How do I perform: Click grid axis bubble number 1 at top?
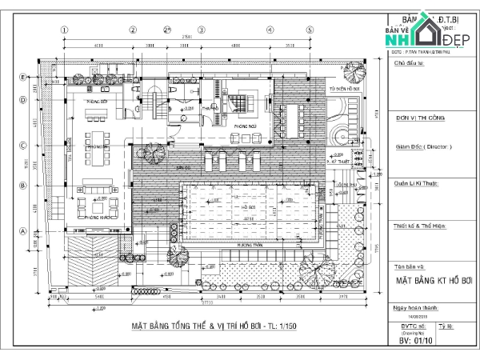point(62,30)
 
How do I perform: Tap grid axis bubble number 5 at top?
point(310,30)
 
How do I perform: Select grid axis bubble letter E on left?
point(25,77)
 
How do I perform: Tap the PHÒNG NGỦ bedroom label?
point(245,126)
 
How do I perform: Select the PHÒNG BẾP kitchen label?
point(98,102)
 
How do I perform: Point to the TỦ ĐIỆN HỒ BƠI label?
point(344,90)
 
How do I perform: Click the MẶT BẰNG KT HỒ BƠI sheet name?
point(433,282)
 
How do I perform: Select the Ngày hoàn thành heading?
point(416,307)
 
